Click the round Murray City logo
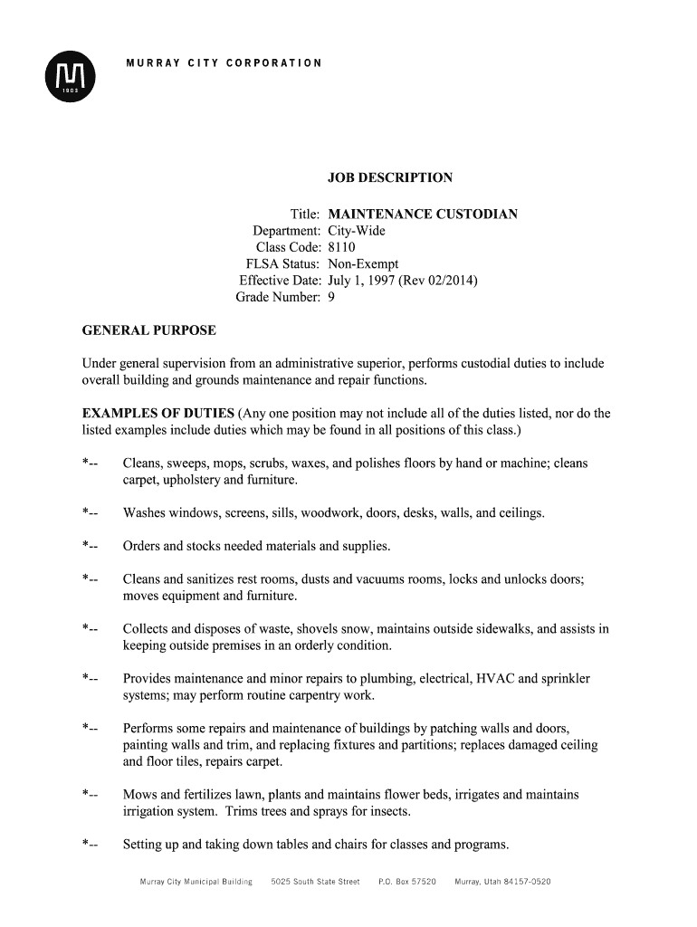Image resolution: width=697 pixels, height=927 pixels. pyautogui.click(x=70, y=76)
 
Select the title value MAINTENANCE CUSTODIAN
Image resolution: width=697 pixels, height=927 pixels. pyautogui.click(x=423, y=215)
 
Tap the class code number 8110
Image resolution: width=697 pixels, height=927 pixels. pyautogui.click(x=342, y=247)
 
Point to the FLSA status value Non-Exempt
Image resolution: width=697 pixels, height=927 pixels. pyautogui.click(x=363, y=264)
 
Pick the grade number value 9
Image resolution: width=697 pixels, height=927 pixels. pyautogui.click(x=331, y=297)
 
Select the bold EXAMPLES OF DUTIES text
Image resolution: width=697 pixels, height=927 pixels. pyautogui.click(x=158, y=414)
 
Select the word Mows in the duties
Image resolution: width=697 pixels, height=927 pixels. pyautogui.click(x=139, y=795)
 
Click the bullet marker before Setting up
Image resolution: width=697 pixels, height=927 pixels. pyautogui.click(x=90, y=846)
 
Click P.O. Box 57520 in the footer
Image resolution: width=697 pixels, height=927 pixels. pyautogui.click(x=406, y=881)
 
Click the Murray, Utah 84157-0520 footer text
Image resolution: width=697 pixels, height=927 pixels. pyautogui.click(x=502, y=881)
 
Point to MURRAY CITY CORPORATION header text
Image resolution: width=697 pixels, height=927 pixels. pyautogui.click(x=223, y=62)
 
